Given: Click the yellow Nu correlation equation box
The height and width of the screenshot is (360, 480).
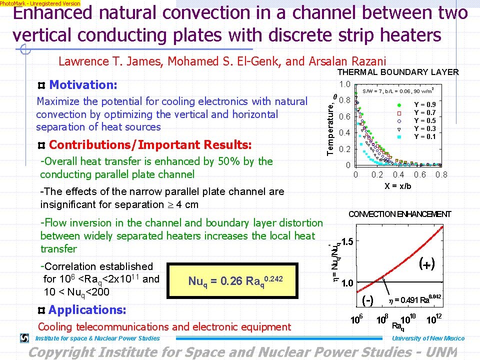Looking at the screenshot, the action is [x=232, y=280].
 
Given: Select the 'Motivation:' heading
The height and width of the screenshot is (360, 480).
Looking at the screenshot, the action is [x=83, y=85].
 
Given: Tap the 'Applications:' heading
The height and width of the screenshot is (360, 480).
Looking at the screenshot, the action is [x=87, y=310].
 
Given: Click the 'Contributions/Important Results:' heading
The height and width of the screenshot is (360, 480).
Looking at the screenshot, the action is [x=150, y=145].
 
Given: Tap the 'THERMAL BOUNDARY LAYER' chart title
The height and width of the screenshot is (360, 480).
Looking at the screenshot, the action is [x=398, y=72].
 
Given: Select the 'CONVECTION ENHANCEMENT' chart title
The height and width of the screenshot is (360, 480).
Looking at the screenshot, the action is [x=399, y=214].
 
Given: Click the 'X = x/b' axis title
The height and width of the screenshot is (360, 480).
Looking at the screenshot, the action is [x=397, y=186].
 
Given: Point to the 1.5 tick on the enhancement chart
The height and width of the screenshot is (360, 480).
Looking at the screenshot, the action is [x=347, y=241].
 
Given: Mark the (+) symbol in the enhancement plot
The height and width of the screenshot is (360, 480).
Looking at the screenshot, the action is [x=426, y=263].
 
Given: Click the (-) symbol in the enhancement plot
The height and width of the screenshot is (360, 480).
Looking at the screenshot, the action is [x=367, y=300].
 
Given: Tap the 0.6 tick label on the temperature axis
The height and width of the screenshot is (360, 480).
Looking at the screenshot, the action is [x=344, y=116].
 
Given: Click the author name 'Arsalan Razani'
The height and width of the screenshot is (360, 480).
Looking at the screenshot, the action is [x=347, y=61].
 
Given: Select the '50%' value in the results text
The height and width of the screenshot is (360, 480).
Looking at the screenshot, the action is [x=228, y=161].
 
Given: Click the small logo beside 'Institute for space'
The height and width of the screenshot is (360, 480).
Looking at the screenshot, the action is [x=24, y=338].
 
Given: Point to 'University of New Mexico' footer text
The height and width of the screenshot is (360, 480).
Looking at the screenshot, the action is [x=428, y=338].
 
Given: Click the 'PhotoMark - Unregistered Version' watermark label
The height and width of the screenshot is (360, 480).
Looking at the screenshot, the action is [x=40, y=3].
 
